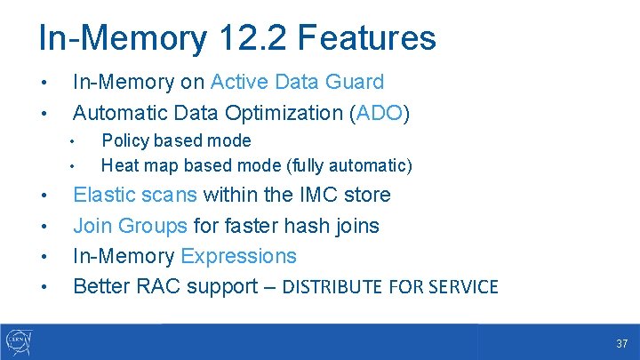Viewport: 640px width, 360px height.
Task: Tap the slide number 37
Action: click(622, 343)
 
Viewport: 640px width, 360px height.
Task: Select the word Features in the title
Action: click(368, 38)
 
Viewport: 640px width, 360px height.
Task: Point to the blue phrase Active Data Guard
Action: click(297, 83)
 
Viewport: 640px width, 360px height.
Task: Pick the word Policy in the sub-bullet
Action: click(125, 141)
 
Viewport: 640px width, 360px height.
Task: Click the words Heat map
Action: click(140, 165)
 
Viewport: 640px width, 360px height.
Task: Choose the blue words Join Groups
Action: click(130, 226)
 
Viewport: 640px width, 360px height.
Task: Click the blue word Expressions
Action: click(238, 257)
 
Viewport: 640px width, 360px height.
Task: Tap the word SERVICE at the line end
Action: click(462, 287)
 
